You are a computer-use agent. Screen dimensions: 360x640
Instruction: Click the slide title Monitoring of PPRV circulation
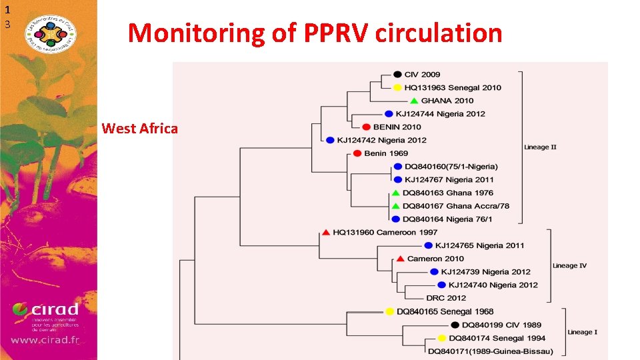pos(315,33)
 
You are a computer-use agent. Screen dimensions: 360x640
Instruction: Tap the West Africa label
pos(139,128)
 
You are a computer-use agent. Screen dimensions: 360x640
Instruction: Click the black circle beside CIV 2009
pos(397,75)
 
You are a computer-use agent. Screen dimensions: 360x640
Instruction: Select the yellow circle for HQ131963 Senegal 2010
pos(397,87)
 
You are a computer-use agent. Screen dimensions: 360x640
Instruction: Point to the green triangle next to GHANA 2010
pos(414,101)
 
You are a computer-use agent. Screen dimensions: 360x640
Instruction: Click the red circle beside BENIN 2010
pos(366,127)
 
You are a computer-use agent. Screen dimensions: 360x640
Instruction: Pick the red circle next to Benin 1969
pos(357,153)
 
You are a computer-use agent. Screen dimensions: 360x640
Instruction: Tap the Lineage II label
pos(540,147)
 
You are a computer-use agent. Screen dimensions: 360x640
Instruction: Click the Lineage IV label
pos(569,265)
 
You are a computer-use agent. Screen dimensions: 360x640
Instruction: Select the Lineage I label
pos(582,331)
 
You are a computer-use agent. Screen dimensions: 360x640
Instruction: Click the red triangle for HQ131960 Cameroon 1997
pos(325,232)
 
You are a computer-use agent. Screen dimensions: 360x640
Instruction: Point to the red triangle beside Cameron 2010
pos(400,259)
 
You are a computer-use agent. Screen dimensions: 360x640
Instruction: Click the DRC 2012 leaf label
pos(446,298)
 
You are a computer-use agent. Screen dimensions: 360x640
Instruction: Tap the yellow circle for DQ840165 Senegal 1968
pos(389,311)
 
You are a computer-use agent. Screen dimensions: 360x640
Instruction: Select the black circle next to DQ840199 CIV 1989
pos(455,325)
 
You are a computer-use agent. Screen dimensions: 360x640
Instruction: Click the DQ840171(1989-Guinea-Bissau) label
pos(490,351)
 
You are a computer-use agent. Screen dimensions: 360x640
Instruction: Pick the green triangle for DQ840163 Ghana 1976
pos(395,193)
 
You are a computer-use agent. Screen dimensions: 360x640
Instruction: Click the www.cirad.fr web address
pos(45,340)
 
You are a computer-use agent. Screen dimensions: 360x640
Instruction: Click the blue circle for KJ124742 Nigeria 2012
pos(330,140)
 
